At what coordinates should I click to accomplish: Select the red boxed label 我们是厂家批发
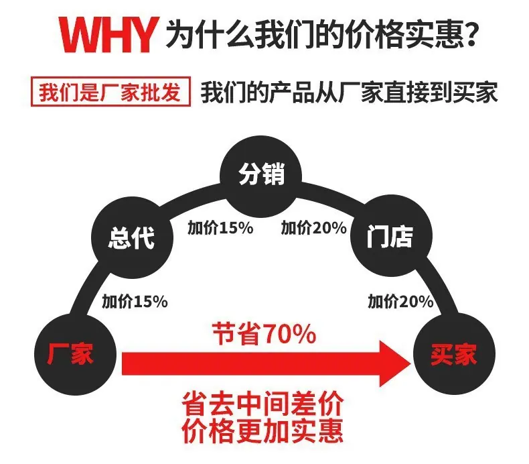pyautogui.click(x=110, y=92)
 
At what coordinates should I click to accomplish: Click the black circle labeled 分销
pyautogui.click(x=260, y=176)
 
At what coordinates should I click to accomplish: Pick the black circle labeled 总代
pyautogui.click(x=133, y=237)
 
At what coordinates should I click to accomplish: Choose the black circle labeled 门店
pyautogui.click(x=391, y=235)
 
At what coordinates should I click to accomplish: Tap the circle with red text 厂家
pyautogui.click(x=75, y=354)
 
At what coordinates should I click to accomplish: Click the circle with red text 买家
pyautogui.click(x=454, y=354)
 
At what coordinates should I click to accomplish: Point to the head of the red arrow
pyautogui.click(x=410, y=363)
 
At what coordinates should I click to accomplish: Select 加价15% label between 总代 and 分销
pyautogui.click(x=220, y=228)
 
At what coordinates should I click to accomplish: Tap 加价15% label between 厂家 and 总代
pyautogui.click(x=135, y=301)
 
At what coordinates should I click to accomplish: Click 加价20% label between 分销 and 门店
pyautogui.click(x=314, y=228)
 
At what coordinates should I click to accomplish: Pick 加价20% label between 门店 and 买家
pyautogui.click(x=400, y=301)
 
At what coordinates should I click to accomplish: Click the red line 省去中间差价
pyautogui.click(x=262, y=404)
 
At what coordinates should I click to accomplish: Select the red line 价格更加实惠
pyautogui.click(x=262, y=432)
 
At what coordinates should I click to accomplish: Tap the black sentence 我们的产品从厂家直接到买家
pyautogui.click(x=349, y=93)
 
